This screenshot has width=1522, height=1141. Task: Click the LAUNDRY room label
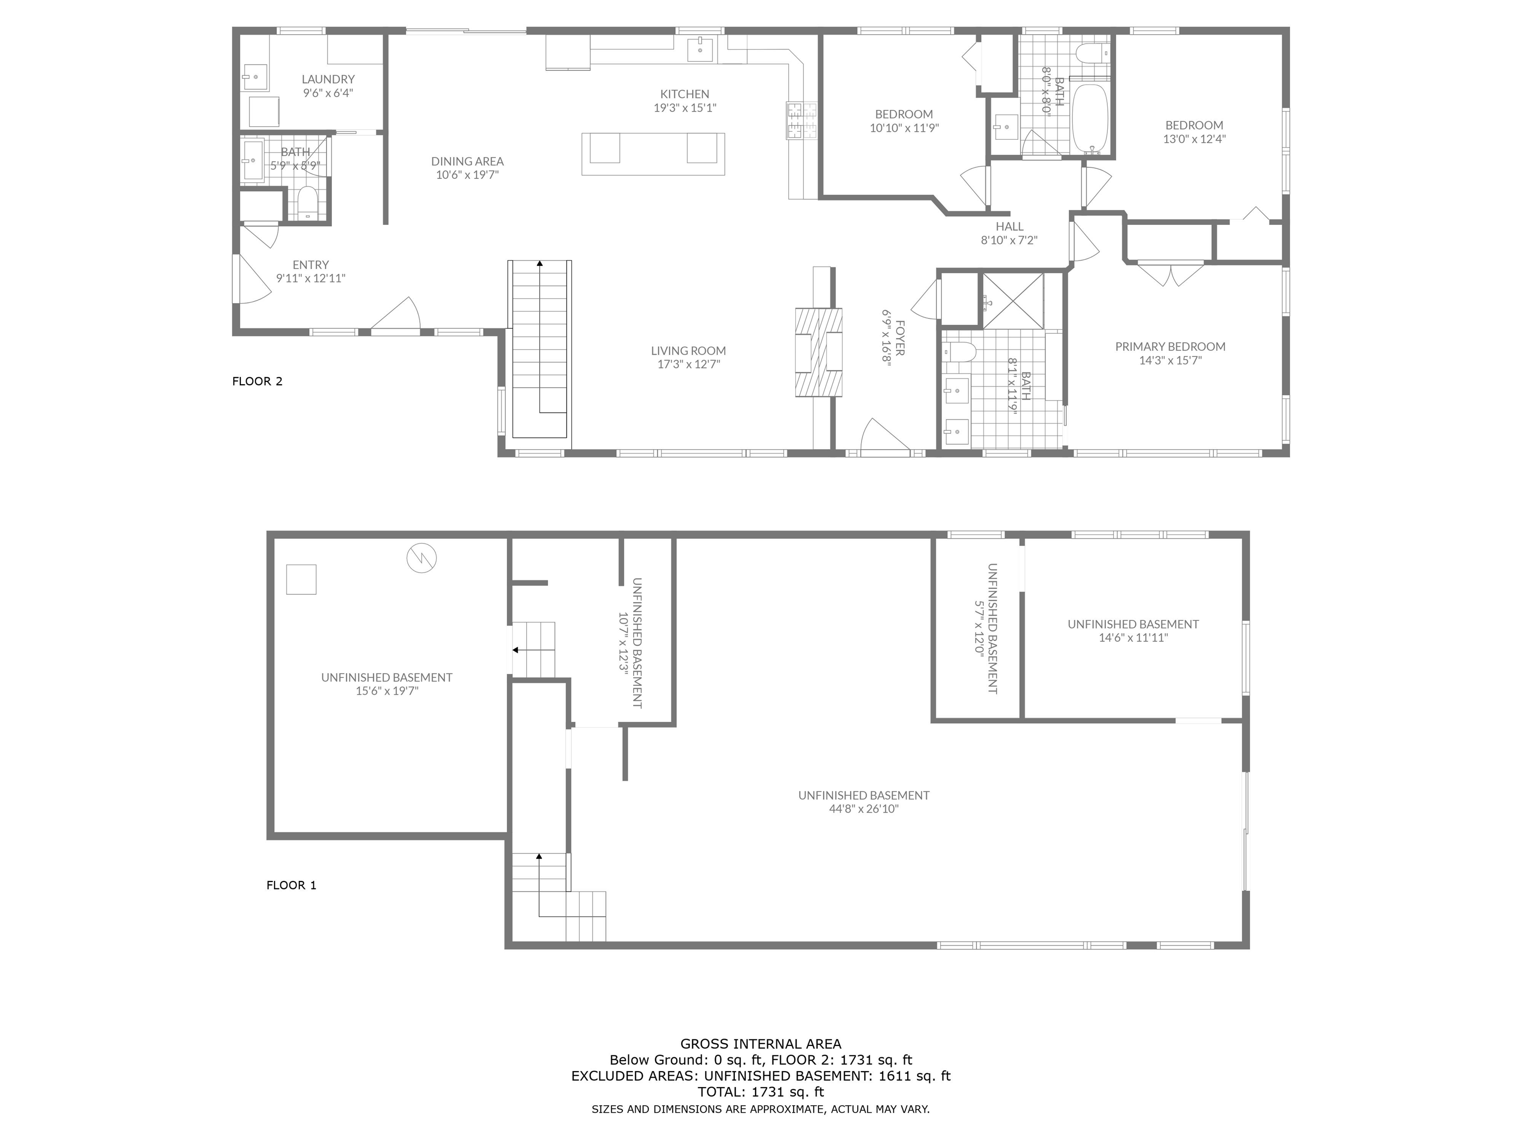coord(327,80)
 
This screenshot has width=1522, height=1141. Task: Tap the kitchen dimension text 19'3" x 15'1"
coord(685,108)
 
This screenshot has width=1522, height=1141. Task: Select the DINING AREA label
coord(467,161)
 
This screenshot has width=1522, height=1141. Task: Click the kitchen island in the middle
coord(652,154)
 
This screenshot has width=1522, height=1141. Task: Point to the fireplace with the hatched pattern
coord(818,352)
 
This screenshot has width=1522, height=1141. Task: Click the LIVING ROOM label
coord(688,351)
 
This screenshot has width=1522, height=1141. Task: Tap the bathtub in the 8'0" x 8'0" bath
coord(1090,118)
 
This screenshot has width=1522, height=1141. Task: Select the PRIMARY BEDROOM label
coord(1170,347)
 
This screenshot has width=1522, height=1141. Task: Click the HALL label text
coord(1009,226)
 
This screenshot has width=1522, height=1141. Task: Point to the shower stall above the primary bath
coord(1012,301)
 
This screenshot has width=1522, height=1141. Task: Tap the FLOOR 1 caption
coord(291,885)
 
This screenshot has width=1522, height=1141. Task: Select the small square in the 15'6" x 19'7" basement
coord(301,579)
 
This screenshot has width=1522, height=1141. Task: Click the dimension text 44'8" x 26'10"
coord(864,809)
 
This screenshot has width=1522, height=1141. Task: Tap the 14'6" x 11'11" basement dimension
coord(1133,637)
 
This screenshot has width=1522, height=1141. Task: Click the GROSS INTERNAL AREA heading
coord(761,1044)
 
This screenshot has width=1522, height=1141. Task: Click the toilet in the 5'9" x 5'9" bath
coord(308,204)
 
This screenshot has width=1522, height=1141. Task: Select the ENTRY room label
coord(310,265)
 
